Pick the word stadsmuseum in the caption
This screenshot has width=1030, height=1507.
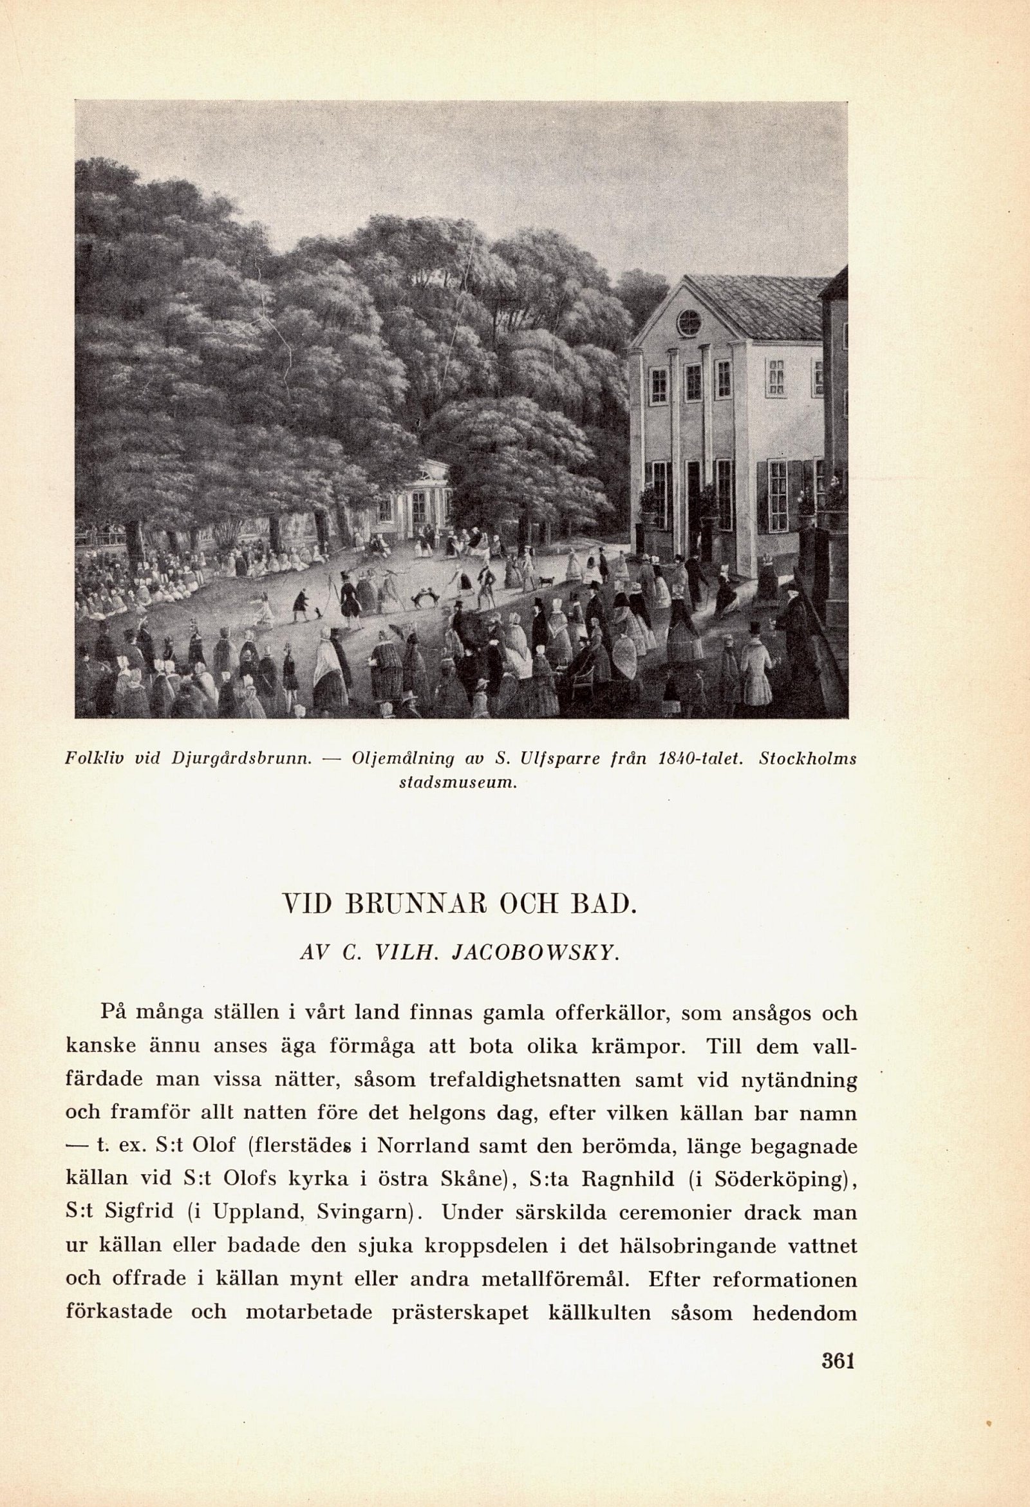click(x=458, y=782)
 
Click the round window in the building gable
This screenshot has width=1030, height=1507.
click(x=689, y=323)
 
